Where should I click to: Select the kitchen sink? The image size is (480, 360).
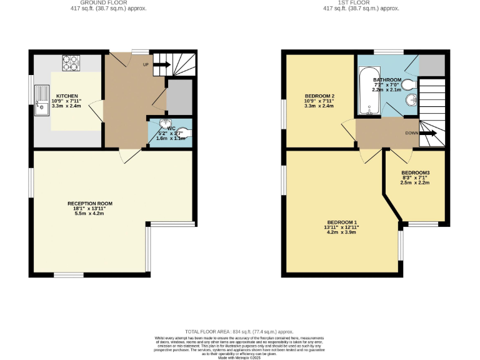click(41, 100)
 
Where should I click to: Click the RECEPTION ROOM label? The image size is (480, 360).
click(90, 203)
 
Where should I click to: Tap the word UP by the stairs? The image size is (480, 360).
click(146, 64)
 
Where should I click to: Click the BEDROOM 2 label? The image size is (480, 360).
click(311, 96)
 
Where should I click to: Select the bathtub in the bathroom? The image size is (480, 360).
click(369, 92)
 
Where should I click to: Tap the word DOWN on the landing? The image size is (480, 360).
click(411, 133)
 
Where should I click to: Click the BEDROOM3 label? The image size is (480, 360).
click(416, 172)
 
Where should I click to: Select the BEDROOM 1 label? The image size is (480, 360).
click(341, 222)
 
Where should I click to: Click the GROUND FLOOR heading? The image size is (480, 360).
click(91, 3)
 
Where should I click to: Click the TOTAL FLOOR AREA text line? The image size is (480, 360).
click(239, 331)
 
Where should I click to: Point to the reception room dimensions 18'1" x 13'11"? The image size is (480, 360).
click(90, 209)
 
